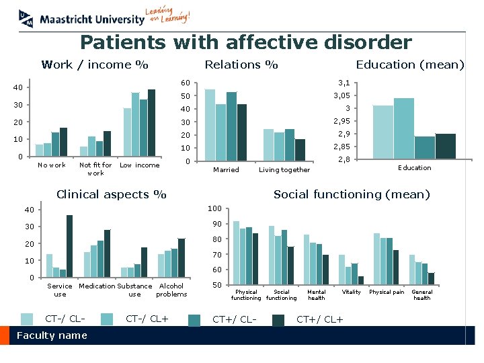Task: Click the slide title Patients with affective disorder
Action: [x=245, y=43]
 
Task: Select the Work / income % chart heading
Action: [x=95, y=65]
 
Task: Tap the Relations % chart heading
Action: [x=241, y=65]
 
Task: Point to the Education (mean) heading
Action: [x=410, y=65]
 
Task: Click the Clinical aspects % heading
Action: [x=111, y=195]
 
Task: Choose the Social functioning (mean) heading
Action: [x=351, y=195]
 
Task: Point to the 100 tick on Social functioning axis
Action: [x=214, y=208]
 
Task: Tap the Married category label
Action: [x=226, y=170]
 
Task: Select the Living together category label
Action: [x=284, y=170]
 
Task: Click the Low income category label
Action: [x=139, y=165]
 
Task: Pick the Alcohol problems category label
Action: [x=171, y=290]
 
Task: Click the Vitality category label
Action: [x=351, y=292]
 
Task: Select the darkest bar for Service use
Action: [x=69, y=246]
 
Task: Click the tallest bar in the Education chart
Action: [x=404, y=128]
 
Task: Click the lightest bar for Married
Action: [x=210, y=125]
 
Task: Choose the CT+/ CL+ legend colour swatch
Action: [x=278, y=320]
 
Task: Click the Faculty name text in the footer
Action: [x=52, y=335]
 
